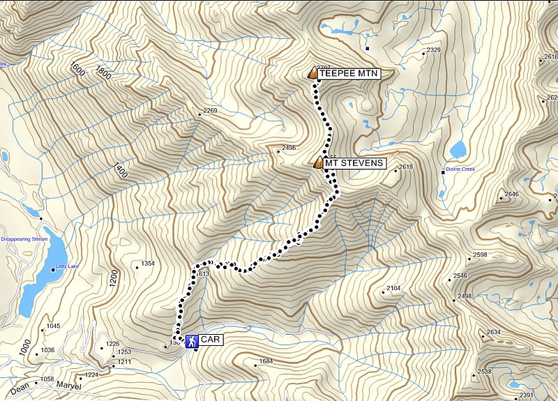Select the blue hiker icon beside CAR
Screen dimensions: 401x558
click(191, 340)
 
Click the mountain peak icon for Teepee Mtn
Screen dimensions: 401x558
click(312, 73)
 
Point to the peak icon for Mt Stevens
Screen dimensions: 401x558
click(318, 163)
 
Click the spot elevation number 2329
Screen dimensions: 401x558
click(433, 50)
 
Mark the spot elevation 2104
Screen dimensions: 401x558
click(393, 288)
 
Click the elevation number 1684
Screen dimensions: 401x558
click(266, 361)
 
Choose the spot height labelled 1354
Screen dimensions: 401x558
click(147, 264)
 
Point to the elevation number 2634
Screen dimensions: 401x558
click(494, 332)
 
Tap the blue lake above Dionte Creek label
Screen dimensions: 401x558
click(458, 150)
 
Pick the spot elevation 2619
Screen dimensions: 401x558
click(406, 167)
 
